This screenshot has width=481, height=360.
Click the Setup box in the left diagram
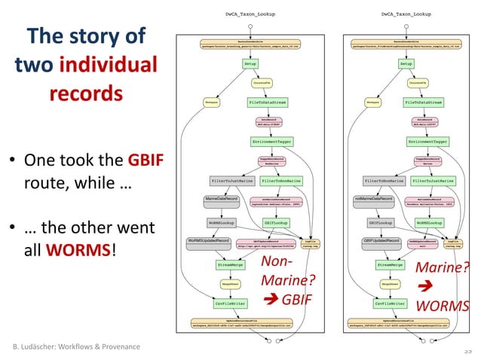click(250, 64)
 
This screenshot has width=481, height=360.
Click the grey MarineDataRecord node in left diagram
click(222, 199)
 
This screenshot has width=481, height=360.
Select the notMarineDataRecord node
click(375, 199)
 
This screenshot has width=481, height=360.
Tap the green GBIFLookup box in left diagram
click(276, 223)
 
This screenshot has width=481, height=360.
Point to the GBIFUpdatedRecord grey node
click(380, 240)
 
